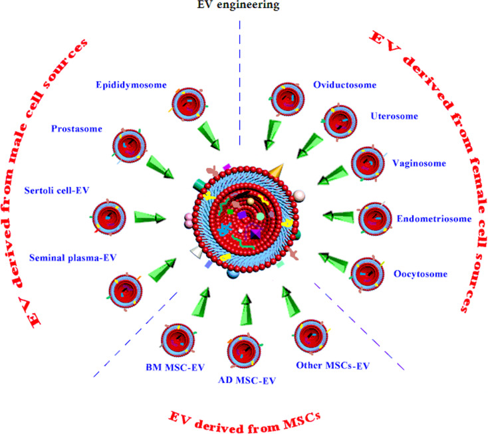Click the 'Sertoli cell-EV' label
57,189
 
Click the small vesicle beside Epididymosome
185,103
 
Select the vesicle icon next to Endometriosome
376,217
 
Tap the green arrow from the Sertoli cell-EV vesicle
150,217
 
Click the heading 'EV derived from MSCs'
245,418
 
